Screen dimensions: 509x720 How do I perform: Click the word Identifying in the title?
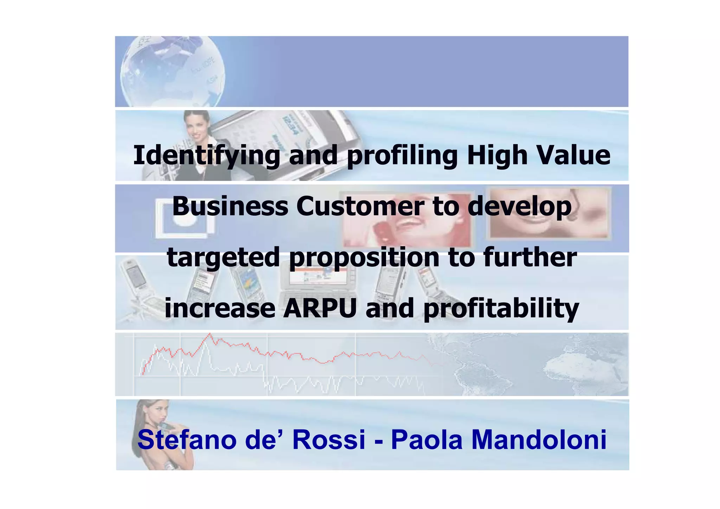click(x=206, y=156)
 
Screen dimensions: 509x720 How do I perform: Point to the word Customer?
click(x=360, y=206)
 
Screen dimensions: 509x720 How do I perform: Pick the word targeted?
click(x=223, y=257)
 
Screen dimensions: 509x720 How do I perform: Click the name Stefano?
click(x=187, y=440)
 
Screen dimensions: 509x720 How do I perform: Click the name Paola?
click(x=426, y=440)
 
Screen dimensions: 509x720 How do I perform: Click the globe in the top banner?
click(x=172, y=72)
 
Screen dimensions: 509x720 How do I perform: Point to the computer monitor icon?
click(x=185, y=218)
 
